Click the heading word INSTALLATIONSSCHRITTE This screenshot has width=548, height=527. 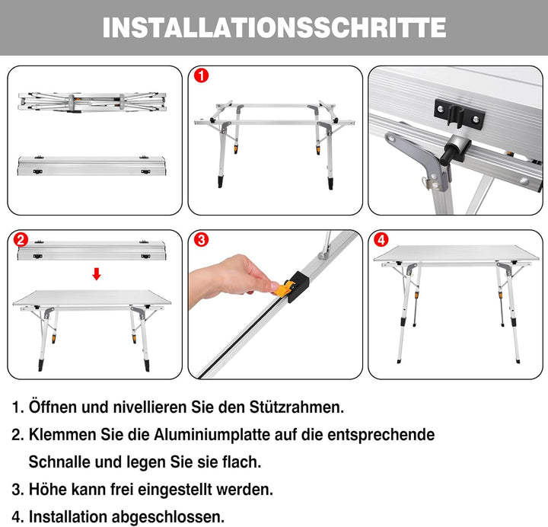(x=274, y=27)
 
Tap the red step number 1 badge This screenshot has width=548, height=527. (x=200, y=76)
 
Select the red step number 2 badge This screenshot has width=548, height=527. (x=21, y=240)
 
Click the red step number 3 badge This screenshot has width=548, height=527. (x=200, y=240)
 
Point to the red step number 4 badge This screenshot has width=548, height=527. (x=380, y=241)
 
